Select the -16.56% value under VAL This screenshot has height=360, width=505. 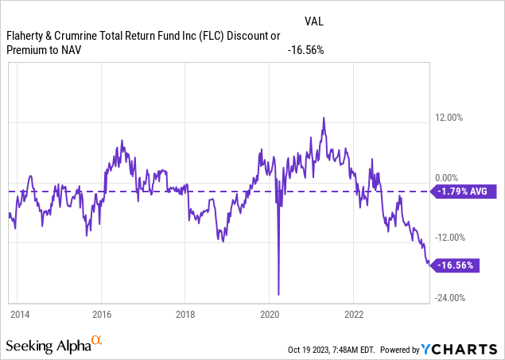tap(305, 50)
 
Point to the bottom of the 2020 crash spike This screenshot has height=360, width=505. tap(278, 294)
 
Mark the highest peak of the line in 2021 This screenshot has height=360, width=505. tap(324, 118)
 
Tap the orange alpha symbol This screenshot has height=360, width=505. tap(96, 340)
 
